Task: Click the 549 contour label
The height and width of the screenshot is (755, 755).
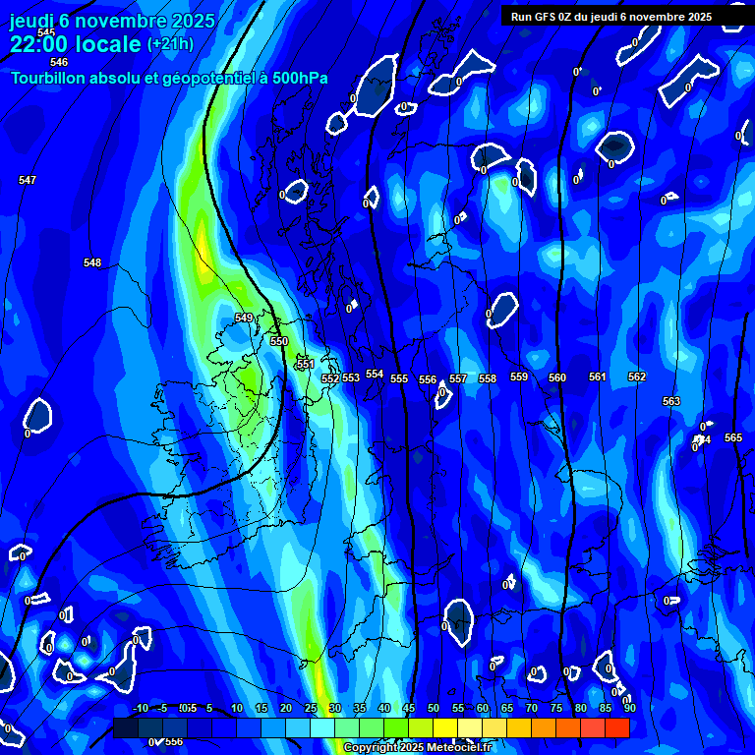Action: (244, 318)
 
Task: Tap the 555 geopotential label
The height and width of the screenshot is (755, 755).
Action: (399, 378)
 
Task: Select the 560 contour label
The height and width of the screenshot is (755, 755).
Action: (557, 377)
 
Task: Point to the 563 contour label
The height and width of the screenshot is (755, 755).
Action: (671, 401)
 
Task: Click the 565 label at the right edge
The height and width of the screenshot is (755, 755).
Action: (733, 437)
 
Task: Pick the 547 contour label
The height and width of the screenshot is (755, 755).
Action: (28, 180)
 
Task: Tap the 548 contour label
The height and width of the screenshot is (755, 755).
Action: (92, 262)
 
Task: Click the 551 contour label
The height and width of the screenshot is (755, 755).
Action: (306, 364)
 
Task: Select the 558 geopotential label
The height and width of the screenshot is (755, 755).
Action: (488, 378)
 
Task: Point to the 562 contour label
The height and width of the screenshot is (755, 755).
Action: (637, 377)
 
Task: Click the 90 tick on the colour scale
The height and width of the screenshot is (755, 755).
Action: (629, 708)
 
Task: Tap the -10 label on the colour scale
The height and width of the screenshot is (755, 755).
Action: (140, 708)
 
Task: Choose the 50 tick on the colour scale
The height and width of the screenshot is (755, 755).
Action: (434, 708)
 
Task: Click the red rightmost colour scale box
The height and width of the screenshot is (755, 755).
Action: (617, 727)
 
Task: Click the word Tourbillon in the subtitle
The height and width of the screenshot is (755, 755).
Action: (50, 78)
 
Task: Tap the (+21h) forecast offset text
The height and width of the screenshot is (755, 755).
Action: (170, 43)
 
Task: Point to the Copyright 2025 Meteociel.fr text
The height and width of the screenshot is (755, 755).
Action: (417, 748)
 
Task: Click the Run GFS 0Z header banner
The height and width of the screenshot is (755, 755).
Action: (611, 17)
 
